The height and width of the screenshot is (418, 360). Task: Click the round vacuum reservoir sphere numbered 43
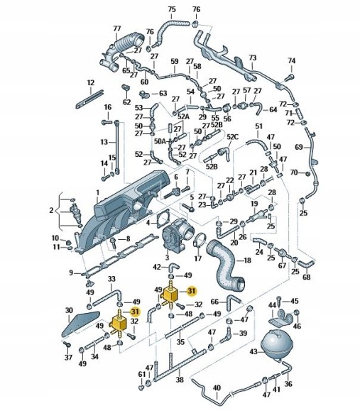277,345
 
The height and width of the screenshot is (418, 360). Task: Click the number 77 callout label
116,28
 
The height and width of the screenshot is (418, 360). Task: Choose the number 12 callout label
91,82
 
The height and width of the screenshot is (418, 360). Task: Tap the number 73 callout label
252,57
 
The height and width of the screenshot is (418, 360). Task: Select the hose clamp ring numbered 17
200,239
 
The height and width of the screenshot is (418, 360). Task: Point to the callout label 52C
232,137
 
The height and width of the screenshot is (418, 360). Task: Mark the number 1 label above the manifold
97,192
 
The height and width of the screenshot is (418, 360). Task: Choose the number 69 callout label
299,147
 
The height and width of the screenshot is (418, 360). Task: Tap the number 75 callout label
172,10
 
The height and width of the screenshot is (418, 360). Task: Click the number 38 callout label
180,380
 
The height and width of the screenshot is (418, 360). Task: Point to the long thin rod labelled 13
116,147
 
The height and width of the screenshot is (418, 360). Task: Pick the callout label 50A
160,141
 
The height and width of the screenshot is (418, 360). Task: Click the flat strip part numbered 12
89,99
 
